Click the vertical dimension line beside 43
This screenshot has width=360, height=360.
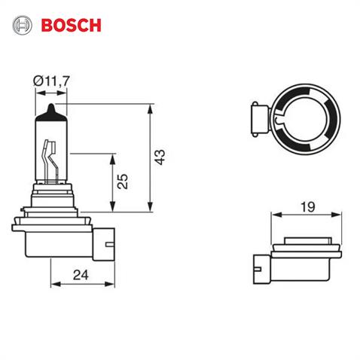tap(148, 158)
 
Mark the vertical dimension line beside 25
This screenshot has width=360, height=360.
tap(113, 182)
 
